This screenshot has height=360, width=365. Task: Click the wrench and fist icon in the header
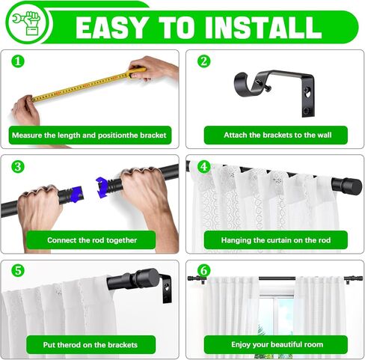pyautogui.click(x=26, y=23)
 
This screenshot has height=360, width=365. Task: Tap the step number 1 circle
pyautogui.click(x=18, y=61)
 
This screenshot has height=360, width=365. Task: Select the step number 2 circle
pyautogui.click(x=204, y=61)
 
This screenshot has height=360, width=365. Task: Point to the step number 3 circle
pyautogui.click(x=18, y=166)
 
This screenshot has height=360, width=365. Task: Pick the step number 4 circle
pyautogui.click(x=204, y=166)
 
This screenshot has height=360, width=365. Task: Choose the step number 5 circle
pyautogui.click(x=18, y=270)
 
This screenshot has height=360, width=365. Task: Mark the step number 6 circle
pyautogui.click(x=204, y=270)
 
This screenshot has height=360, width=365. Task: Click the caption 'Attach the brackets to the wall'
pyautogui.click(x=277, y=135)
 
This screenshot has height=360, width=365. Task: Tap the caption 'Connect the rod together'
pyautogui.click(x=92, y=240)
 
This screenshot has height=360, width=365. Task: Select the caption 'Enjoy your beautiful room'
pyautogui.click(x=277, y=344)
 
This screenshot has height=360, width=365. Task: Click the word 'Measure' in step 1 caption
pyautogui.click(x=27, y=135)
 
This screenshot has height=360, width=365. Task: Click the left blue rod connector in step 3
pyautogui.click(x=76, y=194)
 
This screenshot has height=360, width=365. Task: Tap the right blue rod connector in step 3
pyautogui.click(x=102, y=187)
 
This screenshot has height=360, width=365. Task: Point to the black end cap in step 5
pyautogui.click(x=147, y=278)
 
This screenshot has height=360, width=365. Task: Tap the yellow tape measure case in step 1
pyautogui.click(x=136, y=72)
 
